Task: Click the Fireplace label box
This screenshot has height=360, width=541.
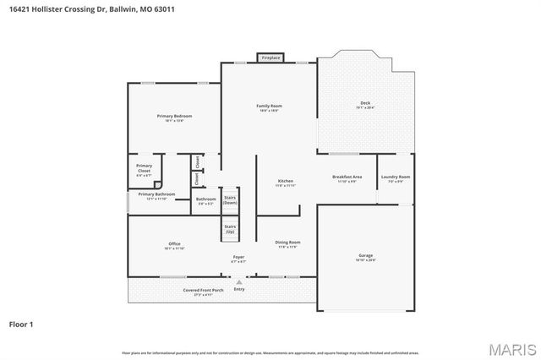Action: point(270,57)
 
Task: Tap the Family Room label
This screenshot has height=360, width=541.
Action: point(269,106)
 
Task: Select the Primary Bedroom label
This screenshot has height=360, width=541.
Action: point(174,117)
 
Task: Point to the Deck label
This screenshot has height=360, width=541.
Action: point(365,105)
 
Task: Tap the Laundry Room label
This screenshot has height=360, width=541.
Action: point(396,178)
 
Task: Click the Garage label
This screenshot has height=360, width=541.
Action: point(365,257)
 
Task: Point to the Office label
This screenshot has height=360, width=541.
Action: point(174,246)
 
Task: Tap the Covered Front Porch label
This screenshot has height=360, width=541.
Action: point(203,292)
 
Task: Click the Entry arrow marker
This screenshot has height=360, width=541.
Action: point(239,282)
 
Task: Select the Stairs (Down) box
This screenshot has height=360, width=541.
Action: point(230,200)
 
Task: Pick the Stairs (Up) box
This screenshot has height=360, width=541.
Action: point(230,228)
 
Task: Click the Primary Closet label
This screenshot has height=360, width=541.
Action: point(144,169)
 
